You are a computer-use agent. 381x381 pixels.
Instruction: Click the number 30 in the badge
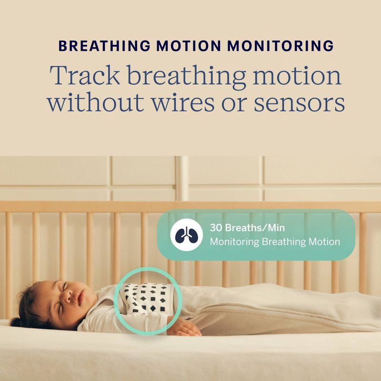point(216,228)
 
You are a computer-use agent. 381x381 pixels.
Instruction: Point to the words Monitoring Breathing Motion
point(275,242)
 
